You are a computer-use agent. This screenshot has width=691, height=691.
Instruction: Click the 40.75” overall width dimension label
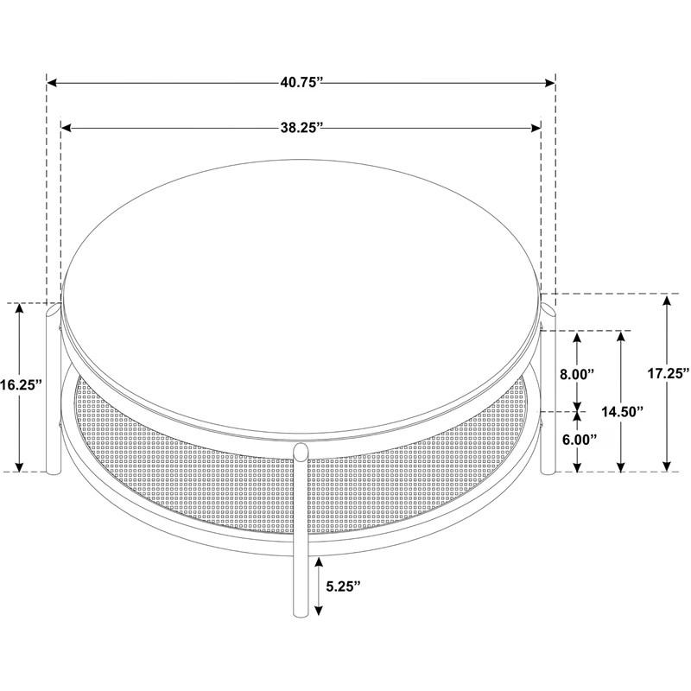[301, 82]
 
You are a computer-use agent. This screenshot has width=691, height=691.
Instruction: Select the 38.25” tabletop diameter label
[301, 128]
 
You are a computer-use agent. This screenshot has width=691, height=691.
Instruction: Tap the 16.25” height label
[21, 384]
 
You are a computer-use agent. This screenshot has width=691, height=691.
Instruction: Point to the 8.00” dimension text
[577, 374]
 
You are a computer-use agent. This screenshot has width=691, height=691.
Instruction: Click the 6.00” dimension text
[580, 440]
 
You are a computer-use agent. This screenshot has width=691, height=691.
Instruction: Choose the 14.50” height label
[622, 412]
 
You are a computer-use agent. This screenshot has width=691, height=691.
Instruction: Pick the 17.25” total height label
[668, 374]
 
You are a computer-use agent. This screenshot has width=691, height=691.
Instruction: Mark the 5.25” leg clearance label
[343, 586]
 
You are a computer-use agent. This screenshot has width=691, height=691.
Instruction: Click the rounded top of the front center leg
[301, 452]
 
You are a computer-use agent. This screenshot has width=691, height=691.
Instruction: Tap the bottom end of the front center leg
[301, 613]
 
